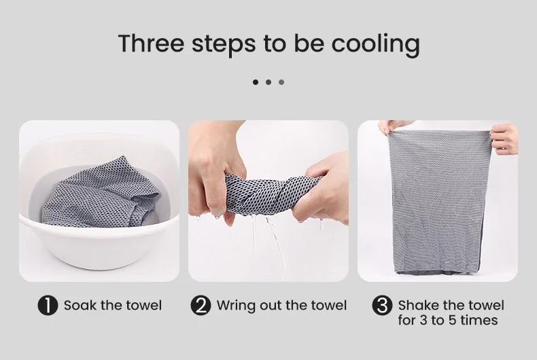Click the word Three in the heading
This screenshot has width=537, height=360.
(x=152, y=43)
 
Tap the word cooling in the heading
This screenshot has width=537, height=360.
(x=375, y=44)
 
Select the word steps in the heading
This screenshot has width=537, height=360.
(x=224, y=44)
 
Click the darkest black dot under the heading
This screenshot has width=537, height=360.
(x=256, y=82)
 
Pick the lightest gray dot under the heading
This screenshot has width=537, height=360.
(x=281, y=82)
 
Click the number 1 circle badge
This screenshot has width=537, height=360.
(x=48, y=305)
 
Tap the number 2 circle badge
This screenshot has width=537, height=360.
(x=201, y=305)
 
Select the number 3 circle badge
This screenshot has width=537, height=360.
(x=382, y=305)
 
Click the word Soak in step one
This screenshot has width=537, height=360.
(x=80, y=305)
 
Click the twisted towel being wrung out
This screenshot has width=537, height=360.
(x=271, y=194)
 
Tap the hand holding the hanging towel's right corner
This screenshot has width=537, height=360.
(x=504, y=139)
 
